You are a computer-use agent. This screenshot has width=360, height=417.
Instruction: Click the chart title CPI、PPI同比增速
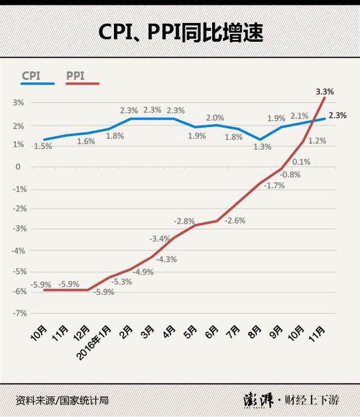[x=180, y=32]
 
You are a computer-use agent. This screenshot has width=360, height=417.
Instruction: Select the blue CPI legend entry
[x=39, y=77]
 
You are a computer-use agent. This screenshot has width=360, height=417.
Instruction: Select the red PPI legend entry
[x=82, y=77]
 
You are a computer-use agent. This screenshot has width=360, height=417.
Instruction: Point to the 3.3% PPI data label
[x=325, y=92]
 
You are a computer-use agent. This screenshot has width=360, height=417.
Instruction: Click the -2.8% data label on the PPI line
[x=185, y=221]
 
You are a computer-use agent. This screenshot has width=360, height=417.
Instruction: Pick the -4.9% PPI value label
[x=142, y=270]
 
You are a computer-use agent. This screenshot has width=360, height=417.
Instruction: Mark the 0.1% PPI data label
[x=301, y=161]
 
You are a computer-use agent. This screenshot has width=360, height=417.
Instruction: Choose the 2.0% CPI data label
[x=215, y=117]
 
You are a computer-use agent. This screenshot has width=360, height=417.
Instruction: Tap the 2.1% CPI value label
[x=299, y=116]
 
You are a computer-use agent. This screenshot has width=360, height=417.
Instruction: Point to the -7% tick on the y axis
[x=20, y=313]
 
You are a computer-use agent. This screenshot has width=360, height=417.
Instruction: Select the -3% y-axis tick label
[x=20, y=229]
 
